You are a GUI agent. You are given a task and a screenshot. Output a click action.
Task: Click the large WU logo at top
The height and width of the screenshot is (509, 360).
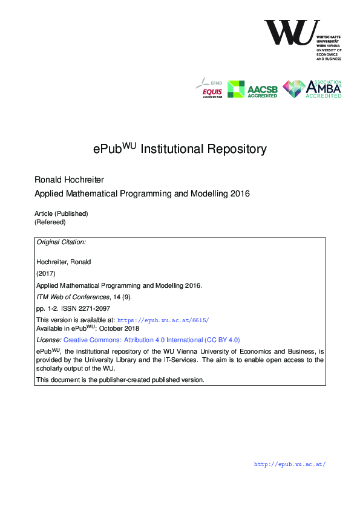[292, 33]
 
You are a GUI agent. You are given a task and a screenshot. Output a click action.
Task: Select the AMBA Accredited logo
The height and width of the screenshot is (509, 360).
[312, 89]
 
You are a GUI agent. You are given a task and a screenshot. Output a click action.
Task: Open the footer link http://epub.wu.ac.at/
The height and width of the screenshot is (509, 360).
[290, 464]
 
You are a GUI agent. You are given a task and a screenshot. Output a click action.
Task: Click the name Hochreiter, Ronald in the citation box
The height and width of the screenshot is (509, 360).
[64, 262]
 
